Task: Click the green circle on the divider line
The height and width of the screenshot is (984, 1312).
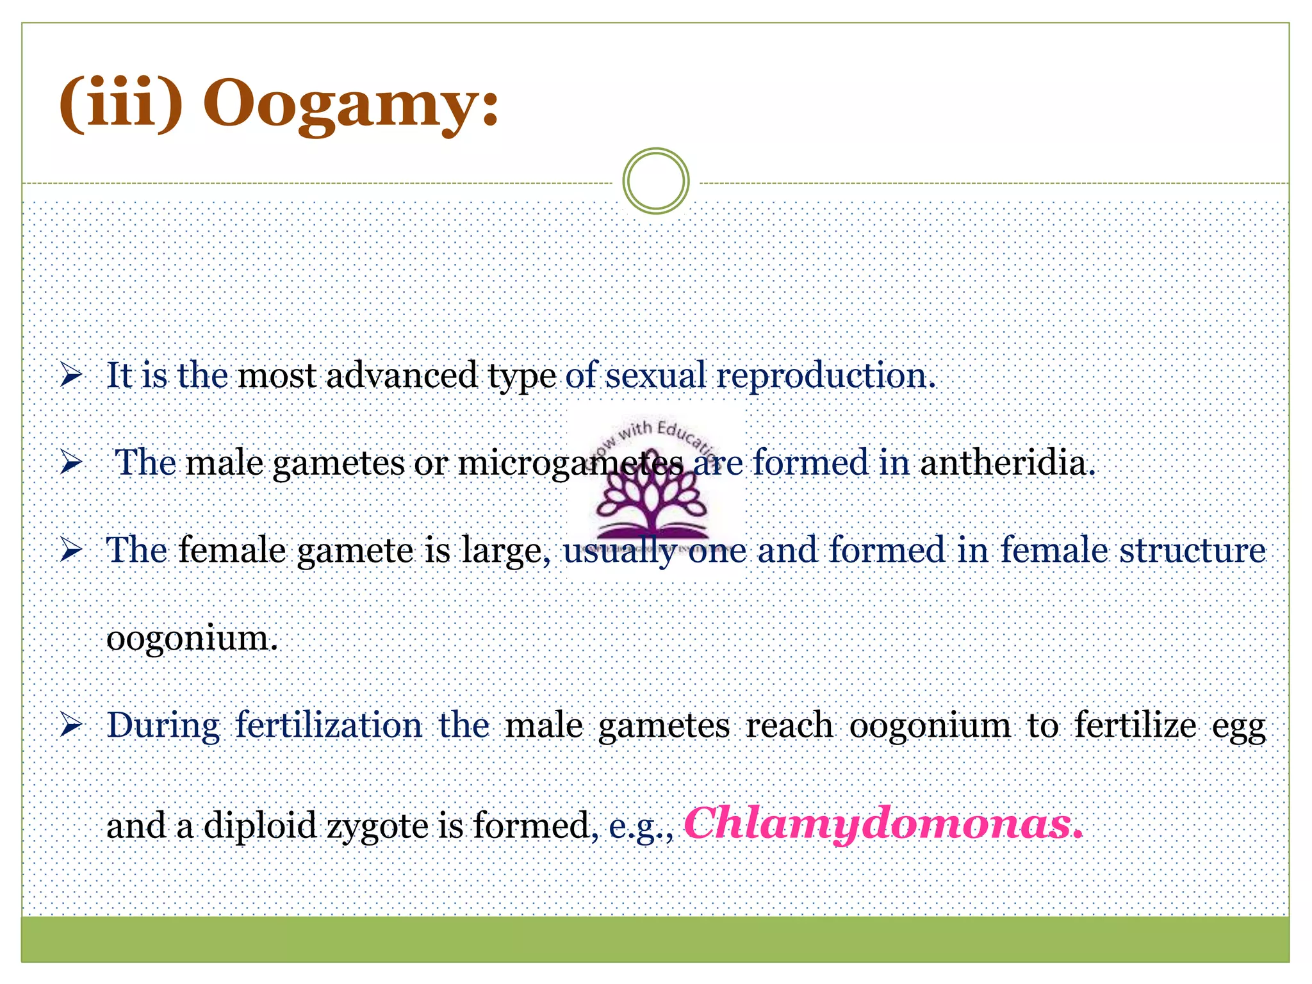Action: point(655,181)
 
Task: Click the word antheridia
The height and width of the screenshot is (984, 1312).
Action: point(1006,463)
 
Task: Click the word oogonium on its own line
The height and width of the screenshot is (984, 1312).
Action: point(192,638)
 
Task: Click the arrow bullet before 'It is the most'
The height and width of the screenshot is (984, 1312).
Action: point(71,375)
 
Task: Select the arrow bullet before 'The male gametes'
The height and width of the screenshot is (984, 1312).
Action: point(71,463)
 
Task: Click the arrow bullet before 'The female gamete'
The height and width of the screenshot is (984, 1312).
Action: point(71,550)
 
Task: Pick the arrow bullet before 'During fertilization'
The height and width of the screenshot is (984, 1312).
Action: point(71,725)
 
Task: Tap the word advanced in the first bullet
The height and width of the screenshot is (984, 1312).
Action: point(402,375)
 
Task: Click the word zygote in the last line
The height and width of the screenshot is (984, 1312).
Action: point(378,826)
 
